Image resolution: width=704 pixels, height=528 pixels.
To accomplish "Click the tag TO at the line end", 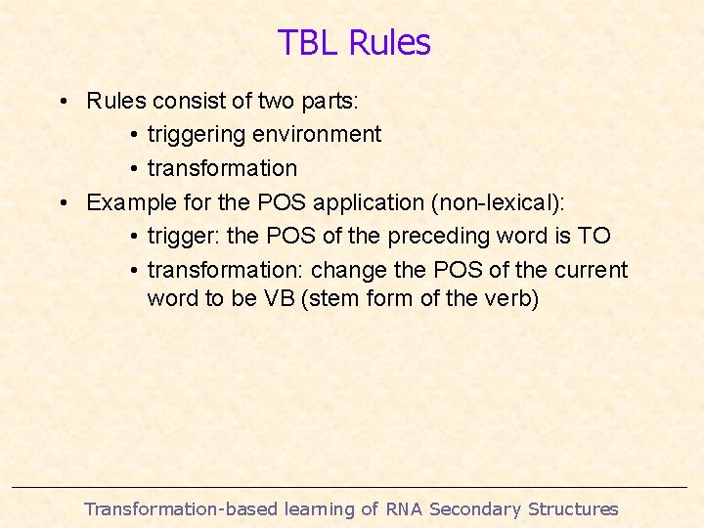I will (594, 236).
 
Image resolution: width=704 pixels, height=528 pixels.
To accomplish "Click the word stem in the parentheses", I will (337, 298).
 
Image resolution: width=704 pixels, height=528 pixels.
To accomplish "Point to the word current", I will (589, 270).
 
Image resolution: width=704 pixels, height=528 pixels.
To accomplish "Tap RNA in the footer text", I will (405, 508).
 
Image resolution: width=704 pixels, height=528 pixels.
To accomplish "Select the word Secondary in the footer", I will (476, 508).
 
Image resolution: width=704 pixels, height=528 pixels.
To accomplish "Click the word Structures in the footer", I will (573, 508).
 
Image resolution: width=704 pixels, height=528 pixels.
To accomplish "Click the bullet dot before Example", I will (62, 203).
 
